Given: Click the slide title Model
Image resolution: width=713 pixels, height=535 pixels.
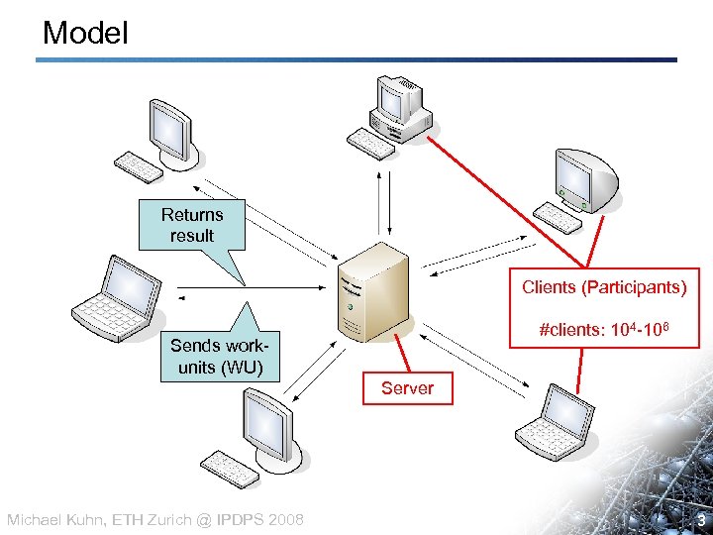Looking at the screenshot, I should tap(85, 34).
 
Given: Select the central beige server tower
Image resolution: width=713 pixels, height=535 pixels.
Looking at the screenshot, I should tap(372, 291).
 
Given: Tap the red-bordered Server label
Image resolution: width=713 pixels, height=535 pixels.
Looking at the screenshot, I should tap(407, 388).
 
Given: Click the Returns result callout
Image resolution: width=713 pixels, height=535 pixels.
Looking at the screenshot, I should tap(192, 226).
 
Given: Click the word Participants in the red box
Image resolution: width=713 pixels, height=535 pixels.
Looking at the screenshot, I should tap(634, 287).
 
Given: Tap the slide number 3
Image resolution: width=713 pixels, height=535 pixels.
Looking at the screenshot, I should tap(698, 519).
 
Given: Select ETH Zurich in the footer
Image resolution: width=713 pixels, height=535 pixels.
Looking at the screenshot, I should tap(147, 520).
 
